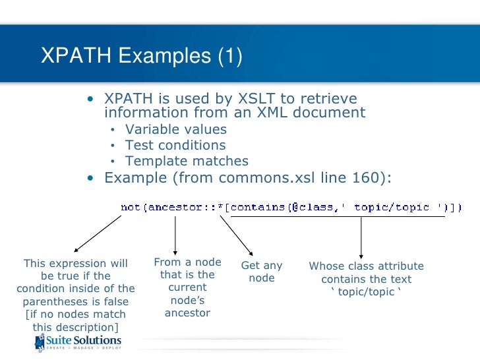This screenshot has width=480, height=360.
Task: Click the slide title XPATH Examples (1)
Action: (x=142, y=57)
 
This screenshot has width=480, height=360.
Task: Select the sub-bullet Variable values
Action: (x=175, y=129)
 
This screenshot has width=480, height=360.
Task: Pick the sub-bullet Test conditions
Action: (x=175, y=145)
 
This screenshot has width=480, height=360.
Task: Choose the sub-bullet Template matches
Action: (x=187, y=161)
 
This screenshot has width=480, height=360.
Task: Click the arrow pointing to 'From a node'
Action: (x=175, y=235)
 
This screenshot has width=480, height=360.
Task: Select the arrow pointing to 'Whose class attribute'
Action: (x=361, y=236)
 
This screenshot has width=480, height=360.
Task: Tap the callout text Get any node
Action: (x=262, y=272)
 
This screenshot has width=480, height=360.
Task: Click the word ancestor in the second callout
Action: (x=188, y=313)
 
